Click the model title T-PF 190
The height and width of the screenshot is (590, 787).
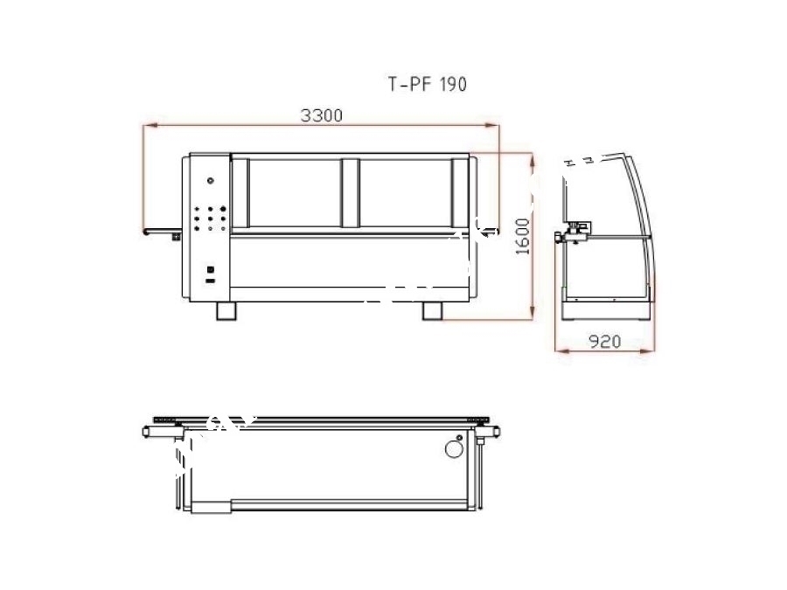[x=428, y=84]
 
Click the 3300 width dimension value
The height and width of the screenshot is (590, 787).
[x=322, y=115]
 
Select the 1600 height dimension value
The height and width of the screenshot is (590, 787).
[x=523, y=236]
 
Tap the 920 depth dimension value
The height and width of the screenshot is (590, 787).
[x=605, y=342]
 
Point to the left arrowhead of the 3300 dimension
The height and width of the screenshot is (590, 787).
[x=150, y=125]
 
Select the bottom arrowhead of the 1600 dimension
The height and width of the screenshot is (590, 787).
[x=532, y=314]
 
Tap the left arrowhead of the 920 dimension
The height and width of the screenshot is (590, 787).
[x=561, y=351]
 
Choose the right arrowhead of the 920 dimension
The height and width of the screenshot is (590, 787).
[x=649, y=351]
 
